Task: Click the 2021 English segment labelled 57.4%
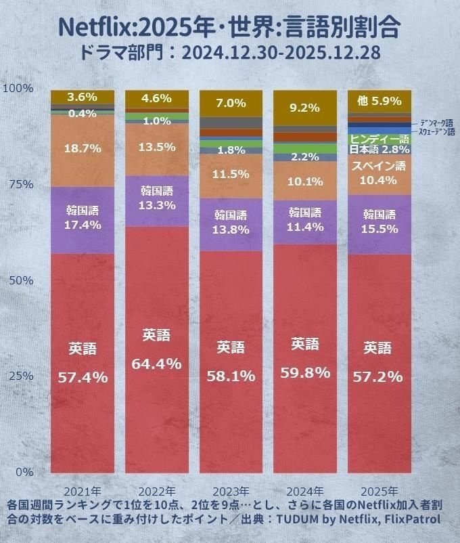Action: click(82, 363)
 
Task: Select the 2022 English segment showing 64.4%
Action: click(156, 349)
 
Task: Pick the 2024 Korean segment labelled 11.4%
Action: click(304, 221)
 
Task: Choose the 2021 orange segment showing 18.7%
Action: click(82, 149)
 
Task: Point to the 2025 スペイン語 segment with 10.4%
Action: click(378, 173)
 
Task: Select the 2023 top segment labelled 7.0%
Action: click(230, 103)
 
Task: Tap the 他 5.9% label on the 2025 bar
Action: click(377, 101)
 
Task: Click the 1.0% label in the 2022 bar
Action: click(156, 121)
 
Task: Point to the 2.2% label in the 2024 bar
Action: click(304, 157)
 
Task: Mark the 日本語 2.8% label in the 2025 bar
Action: click(378, 148)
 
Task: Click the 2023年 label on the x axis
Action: click(231, 490)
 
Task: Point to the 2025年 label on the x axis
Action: click(378, 490)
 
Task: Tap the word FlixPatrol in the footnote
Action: click(408, 519)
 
